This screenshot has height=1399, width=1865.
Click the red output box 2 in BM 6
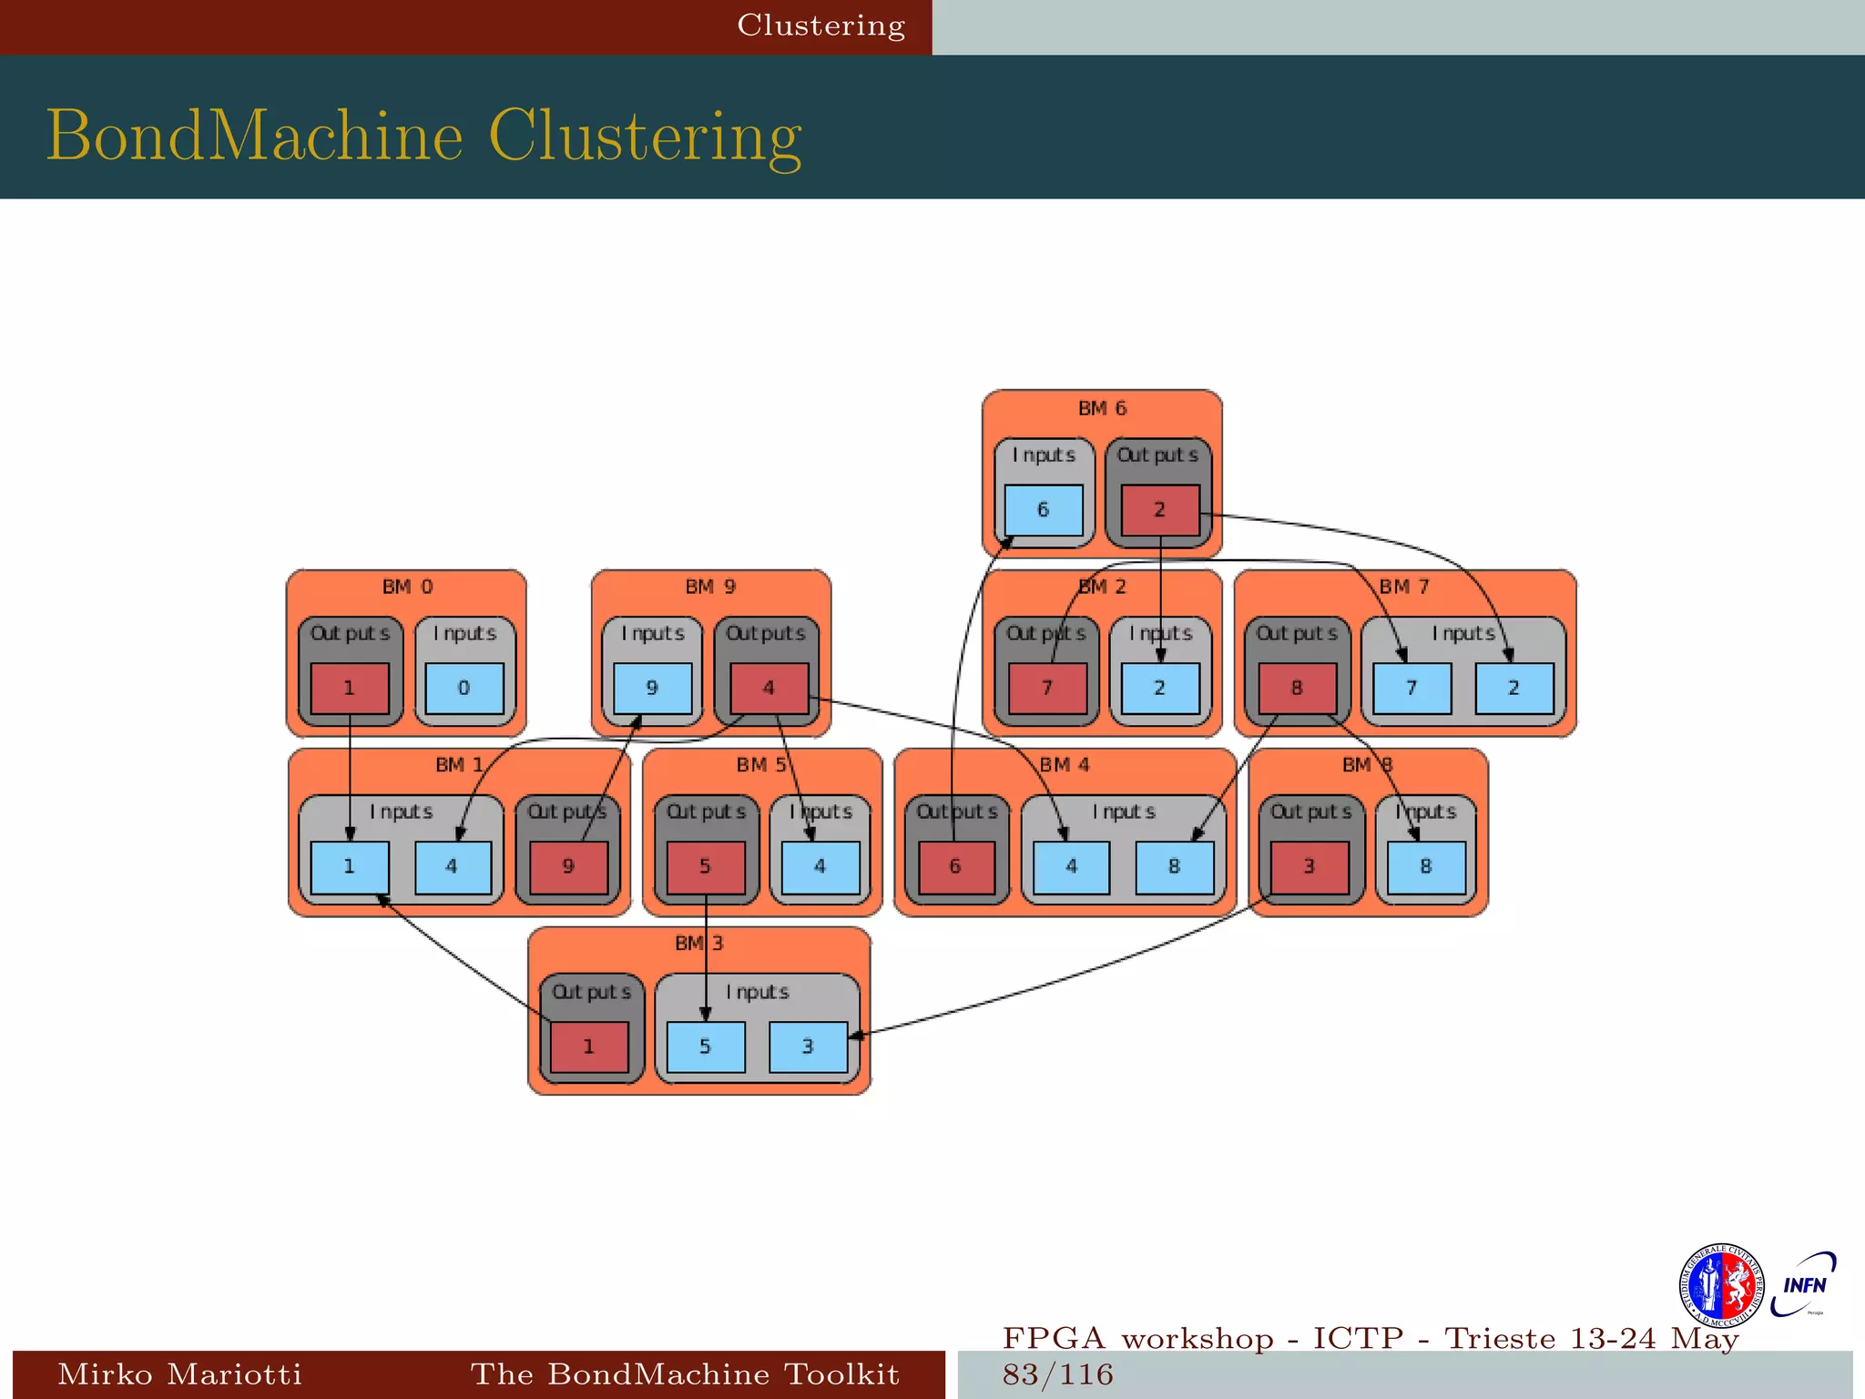1159,510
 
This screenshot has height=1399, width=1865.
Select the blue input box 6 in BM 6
1044,510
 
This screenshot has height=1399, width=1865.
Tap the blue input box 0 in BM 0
464,689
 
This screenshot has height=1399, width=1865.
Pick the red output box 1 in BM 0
350,689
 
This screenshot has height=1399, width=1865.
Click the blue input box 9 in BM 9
652,689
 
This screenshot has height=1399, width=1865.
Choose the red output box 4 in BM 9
769,689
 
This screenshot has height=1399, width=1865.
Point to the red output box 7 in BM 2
1047,689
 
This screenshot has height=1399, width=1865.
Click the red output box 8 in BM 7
1297,689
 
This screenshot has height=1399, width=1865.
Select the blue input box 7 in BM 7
1411,689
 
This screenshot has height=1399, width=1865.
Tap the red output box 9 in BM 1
568,867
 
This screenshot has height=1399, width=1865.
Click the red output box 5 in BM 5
705,867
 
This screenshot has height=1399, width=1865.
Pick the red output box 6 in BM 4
956,867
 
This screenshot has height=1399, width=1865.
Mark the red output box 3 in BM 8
1310,867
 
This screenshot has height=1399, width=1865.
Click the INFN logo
1804,1285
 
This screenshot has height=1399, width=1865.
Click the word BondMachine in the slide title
255,137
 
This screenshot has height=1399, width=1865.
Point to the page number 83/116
1058,1374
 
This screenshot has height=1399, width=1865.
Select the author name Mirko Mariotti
179,1373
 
